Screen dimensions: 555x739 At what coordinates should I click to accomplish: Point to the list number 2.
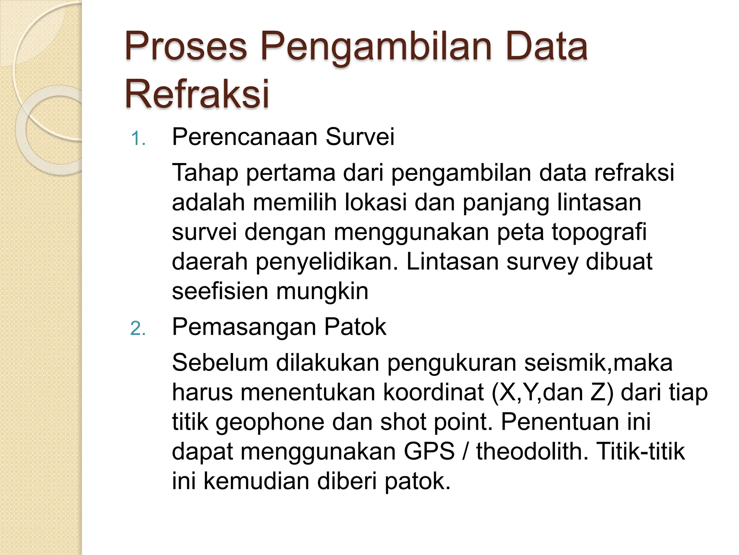pos(138,329)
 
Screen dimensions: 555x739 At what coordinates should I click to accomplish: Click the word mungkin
pos(322,292)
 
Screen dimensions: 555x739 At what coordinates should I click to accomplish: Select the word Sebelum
pos(220,362)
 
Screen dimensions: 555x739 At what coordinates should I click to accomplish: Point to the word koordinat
pos(433,392)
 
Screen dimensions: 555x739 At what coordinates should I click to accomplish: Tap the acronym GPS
pos(429,451)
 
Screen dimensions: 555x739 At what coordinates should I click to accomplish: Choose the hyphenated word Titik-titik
pos(641,451)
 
